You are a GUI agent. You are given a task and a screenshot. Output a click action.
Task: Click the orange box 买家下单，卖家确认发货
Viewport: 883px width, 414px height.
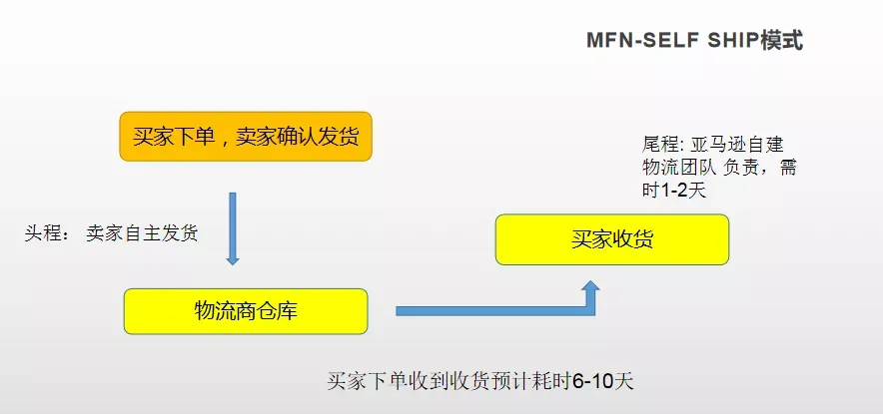coord(246,137)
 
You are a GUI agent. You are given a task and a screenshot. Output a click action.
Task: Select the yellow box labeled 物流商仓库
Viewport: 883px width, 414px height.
coord(246,311)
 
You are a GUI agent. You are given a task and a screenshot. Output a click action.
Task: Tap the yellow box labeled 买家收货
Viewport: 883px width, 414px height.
coord(612,239)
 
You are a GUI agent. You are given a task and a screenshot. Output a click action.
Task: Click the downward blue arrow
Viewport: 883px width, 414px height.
coord(233,228)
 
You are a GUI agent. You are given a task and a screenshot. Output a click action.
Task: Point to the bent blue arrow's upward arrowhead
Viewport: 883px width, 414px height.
coord(589,289)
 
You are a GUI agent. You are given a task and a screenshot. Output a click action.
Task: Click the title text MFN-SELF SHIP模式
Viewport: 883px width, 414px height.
coord(695,41)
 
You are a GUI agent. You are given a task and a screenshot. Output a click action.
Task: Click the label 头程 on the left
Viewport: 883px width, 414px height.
coord(42,233)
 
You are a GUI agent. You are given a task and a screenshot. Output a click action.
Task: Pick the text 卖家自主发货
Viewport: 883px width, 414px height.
coord(142,233)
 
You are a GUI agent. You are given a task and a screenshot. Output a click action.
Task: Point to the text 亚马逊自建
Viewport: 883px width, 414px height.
coord(736,145)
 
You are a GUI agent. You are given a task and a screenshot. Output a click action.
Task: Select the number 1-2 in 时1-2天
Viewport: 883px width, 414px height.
coord(674,191)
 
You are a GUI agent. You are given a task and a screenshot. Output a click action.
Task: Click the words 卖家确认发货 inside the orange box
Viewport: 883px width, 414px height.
coord(297,137)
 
